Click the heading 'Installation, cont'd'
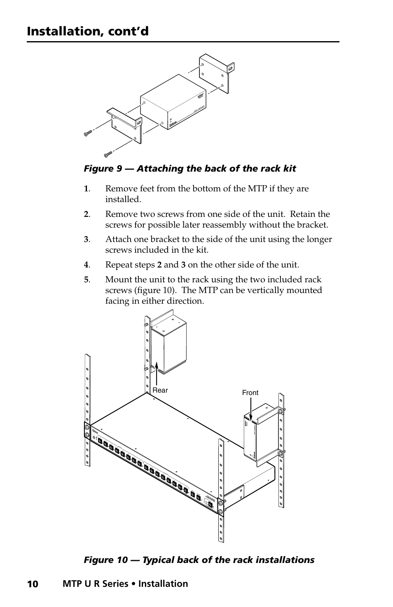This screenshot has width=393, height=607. pos(88,31)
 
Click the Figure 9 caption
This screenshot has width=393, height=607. pos(190,169)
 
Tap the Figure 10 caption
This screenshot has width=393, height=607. pos(199,560)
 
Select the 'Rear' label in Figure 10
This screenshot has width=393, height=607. pos(160,390)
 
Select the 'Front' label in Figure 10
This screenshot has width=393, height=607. pos(250,393)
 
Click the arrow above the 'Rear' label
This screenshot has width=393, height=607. pos(157,372)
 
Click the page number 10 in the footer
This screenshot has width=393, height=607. pos(33,584)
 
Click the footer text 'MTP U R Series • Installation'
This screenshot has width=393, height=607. pos(125,584)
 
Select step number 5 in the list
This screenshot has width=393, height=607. pos(86,280)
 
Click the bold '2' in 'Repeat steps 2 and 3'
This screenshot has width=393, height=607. pos(159,265)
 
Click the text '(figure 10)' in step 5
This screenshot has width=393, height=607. pos(157,291)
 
